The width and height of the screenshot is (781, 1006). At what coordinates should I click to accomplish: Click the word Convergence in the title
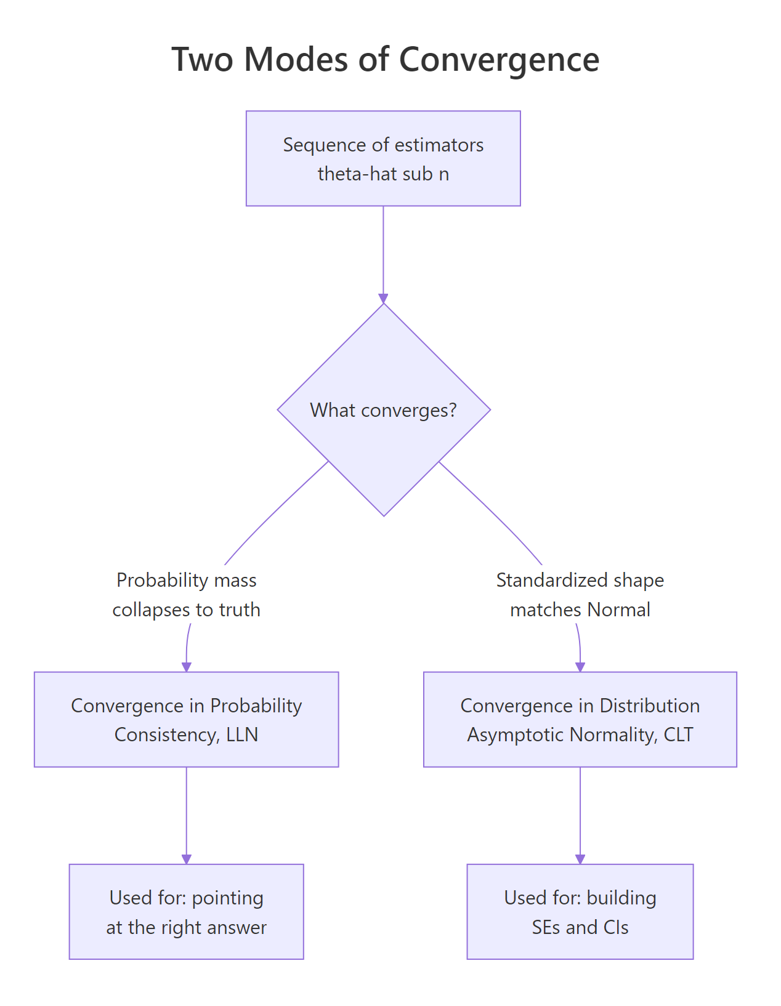click(x=499, y=60)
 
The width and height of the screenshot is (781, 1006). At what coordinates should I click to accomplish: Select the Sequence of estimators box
click(x=383, y=158)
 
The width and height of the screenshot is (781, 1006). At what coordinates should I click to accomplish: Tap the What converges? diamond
click(x=383, y=410)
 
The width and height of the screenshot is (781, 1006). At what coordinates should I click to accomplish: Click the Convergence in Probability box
click(x=186, y=719)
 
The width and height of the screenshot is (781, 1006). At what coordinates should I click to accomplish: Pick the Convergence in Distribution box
click(x=580, y=719)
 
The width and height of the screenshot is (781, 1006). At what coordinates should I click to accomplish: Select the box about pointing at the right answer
click(x=186, y=911)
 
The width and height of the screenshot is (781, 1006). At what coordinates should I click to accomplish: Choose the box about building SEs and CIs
click(x=580, y=911)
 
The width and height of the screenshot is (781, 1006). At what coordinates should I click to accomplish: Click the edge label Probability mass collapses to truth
click(x=186, y=595)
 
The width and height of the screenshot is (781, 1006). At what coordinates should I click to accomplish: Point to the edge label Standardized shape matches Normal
click(x=580, y=595)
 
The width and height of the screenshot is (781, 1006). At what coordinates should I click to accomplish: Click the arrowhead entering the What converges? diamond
click(x=383, y=299)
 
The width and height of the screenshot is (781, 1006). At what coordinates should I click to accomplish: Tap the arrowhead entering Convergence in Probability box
click(x=187, y=667)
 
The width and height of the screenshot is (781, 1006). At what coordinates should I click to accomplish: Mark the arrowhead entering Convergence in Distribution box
click(x=580, y=667)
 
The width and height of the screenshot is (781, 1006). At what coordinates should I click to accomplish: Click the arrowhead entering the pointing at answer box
click(x=186, y=859)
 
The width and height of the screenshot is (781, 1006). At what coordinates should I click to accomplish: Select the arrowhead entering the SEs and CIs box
click(x=580, y=859)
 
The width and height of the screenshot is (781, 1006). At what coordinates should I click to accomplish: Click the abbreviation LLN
click(x=242, y=734)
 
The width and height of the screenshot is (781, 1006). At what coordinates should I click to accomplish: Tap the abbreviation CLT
click(x=678, y=734)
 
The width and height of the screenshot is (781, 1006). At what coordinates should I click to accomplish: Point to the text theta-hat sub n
click(x=383, y=174)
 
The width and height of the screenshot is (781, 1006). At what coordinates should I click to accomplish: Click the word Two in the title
click(x=202, y=60)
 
